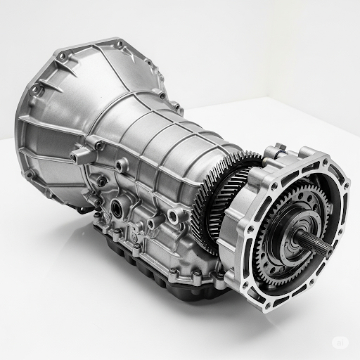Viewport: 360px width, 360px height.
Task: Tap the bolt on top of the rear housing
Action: pyautogui.click(x=275, y=149)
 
